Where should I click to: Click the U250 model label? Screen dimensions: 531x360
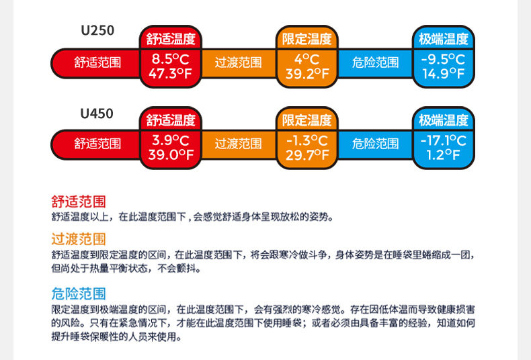point(97,30)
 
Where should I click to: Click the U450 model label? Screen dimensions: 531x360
point(97,114)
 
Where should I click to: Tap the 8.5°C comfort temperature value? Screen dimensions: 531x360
point(171,59)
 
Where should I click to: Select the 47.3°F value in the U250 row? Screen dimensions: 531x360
point(171,74)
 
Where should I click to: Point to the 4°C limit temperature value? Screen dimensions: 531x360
point(307,59)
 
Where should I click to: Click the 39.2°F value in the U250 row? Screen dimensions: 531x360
point(307,74)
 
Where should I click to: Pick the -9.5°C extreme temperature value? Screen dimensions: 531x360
point(443,59)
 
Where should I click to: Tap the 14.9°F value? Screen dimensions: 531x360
point(443,74)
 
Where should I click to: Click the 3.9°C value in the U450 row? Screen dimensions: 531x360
point(171,140)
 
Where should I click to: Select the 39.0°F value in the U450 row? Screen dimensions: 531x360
point(171,155)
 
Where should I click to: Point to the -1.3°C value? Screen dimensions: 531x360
point(307,140)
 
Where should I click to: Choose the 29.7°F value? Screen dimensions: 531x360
point(307,155)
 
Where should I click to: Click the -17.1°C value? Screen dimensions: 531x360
point(443,140)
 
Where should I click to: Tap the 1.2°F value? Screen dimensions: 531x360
point(443,155)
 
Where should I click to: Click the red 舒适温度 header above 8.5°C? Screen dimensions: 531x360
point(171,38)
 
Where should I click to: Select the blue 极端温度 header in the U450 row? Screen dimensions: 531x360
point(443,121)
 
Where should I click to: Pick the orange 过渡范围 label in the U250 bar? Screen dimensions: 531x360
point(239,63)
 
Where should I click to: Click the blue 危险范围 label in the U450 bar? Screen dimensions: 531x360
point(375,144)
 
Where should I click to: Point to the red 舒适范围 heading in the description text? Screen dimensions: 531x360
point(79,201)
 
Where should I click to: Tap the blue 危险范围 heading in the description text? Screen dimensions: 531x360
point(79,294)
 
